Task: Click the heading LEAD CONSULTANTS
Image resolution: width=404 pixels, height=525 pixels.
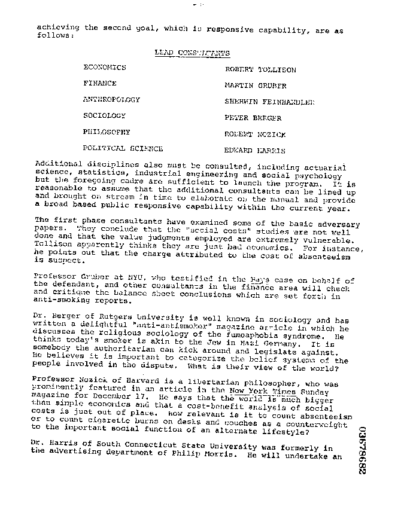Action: pyautogui.click(x=192, y=53)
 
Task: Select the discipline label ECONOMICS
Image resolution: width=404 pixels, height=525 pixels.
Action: pyautogui.click(x=105, y=68)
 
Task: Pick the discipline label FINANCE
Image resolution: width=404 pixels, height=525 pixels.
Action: pyautogui.click(x=100, y=84)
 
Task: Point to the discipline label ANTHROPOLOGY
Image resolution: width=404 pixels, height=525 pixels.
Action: pyautogui.click(x=111, y=100)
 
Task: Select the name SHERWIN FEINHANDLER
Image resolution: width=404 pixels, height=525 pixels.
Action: pyautogui.click(x=269, y=102)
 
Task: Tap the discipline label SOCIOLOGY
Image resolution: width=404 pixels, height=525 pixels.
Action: pyautogui.click(x=104, y=115)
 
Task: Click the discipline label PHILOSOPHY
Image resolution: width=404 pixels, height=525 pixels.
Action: pyautogui.click(x=107, y=132)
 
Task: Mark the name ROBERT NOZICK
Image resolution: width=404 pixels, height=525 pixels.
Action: pyautogui.click(x=255, y=134)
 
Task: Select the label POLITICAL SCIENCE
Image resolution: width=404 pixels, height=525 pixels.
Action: pyautogui.click(x=123, y=148)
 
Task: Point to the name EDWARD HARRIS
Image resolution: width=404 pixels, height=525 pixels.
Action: pyautogui.click(x=254, y=151)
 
